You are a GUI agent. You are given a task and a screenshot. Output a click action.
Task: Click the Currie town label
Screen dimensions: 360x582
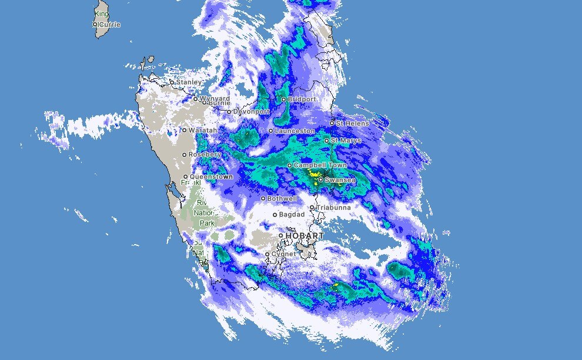coord(110,25)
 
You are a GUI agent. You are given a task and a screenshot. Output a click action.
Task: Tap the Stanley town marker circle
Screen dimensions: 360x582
coord(172,82)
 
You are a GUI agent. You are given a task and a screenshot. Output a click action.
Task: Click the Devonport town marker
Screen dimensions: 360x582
coord(229,111)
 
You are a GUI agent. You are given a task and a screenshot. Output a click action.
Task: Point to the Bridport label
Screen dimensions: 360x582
coord(302,99)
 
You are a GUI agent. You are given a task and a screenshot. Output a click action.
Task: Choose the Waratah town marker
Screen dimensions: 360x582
coord(184,130)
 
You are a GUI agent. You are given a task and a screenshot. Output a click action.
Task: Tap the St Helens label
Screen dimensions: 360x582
coord(353,124)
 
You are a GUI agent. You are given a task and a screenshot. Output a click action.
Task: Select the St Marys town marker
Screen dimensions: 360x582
coord(326,141)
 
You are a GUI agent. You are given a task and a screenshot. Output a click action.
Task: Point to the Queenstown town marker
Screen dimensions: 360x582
coord(185,176)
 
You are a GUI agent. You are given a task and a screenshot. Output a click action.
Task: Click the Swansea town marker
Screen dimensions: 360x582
coord(320,179)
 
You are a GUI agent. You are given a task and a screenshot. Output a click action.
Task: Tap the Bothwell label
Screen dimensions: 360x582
coord(282,199)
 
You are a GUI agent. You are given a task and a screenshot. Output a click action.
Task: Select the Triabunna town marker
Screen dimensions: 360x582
coord(312,207)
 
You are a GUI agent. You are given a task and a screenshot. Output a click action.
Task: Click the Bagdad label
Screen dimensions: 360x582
coord(292,215)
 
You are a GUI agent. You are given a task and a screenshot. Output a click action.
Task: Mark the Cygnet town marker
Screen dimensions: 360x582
coord(267,254)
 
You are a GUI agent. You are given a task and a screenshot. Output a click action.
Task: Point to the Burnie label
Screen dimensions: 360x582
coord(219,104)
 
